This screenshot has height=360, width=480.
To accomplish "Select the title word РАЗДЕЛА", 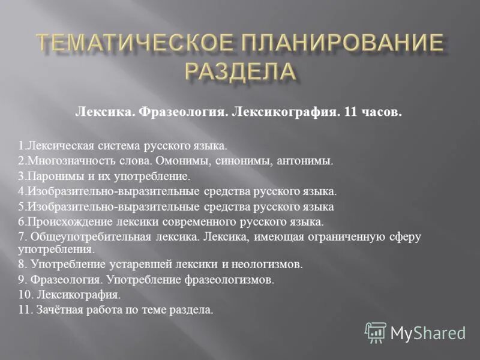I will coord(239,73).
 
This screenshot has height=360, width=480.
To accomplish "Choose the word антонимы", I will coord(305,161).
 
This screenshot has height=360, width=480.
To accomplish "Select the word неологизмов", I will coord(268,264).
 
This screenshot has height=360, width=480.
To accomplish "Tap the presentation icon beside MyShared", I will coord(376,332).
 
